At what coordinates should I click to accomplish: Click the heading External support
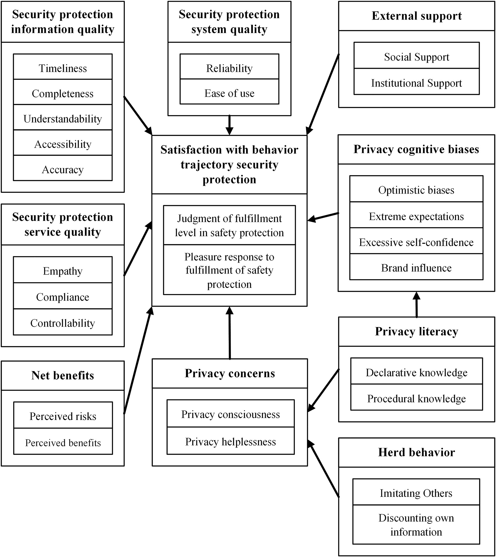click(x=416, y=16)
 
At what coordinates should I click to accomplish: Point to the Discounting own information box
click(x=416, y=524)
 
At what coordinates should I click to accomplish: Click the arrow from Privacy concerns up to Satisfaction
click(x=230, y=333)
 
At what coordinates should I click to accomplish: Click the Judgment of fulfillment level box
click(x=229, y=225)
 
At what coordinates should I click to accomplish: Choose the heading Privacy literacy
click(x=416, y=331)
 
